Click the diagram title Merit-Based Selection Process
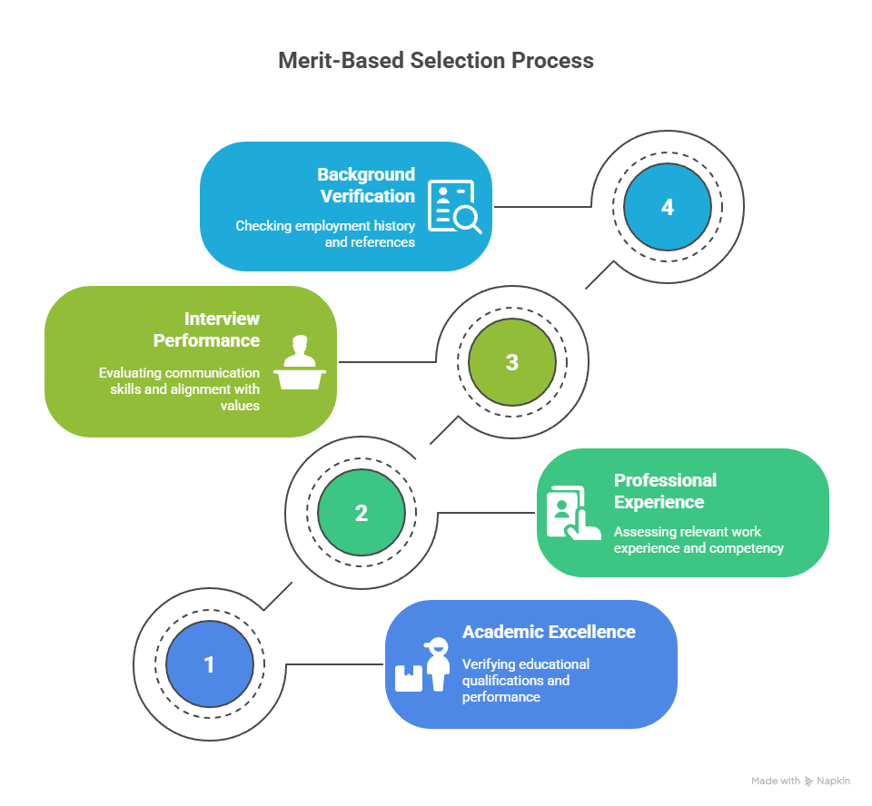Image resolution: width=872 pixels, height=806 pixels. pos(436,61)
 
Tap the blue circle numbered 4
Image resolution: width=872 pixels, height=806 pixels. pos(668,207)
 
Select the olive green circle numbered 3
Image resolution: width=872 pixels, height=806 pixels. pos(512,362)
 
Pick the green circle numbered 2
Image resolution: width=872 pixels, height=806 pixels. pos(362,513)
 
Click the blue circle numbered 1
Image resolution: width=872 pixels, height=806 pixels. pos(210,664)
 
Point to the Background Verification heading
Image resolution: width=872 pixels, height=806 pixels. pos(366,185)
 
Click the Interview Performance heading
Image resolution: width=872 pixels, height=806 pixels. pos(206,329)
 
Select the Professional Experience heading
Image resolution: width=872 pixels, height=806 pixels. pos(665,491)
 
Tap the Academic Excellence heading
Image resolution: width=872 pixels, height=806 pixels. pos(549,632)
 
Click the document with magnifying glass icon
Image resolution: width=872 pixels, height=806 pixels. pos(454,206)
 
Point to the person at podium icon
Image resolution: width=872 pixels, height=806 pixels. pos(300,362)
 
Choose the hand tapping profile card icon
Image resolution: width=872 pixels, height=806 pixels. pos(573,513)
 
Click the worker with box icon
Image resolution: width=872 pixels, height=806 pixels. pos(422,664)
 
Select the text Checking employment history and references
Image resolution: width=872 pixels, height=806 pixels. pos(325,234)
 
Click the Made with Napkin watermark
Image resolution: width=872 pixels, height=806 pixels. pos(801,781)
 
